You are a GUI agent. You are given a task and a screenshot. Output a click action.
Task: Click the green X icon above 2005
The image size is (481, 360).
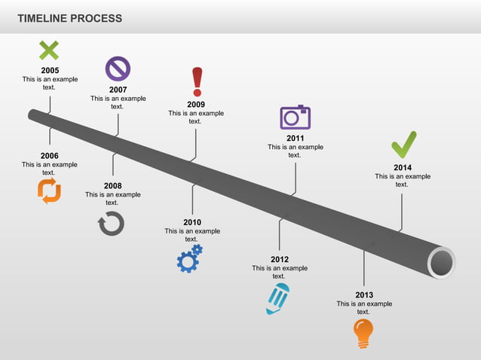pos(49,51)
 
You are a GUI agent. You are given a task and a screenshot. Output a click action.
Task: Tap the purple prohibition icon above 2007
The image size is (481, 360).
pos(118,69)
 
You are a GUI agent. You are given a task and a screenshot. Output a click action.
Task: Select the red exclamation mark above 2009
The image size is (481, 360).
pos(197,81)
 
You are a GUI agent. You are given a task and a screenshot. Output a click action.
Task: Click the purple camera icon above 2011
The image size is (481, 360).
pos(295,117)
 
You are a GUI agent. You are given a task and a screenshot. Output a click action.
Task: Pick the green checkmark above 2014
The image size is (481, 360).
pos(403,145)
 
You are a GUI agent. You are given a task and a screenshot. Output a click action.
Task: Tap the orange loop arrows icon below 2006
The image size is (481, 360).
pos(49,191)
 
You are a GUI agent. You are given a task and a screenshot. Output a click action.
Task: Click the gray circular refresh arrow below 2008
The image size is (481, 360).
pos(111,223)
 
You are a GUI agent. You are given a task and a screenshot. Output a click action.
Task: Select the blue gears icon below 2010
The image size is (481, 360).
pos(189,258)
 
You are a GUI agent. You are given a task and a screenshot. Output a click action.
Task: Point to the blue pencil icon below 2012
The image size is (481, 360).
pos(277,298)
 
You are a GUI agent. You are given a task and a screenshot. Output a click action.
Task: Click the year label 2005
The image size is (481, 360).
pos(50,71)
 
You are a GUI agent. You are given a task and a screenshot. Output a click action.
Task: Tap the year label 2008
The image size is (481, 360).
pos(112,186)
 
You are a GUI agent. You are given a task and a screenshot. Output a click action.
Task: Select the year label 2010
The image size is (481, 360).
pos(192,222)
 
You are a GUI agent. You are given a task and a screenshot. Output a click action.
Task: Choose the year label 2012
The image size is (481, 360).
pos(280,259)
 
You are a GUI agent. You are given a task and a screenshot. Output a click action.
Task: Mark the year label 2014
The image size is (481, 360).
pos(403,168)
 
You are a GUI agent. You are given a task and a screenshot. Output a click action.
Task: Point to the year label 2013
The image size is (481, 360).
pos(364,295)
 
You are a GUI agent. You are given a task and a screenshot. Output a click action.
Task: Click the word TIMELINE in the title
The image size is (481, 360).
pos(42,18)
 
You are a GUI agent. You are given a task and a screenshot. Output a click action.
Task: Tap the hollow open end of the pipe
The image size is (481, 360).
pos(442,263)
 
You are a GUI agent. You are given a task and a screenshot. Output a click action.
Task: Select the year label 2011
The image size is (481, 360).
pos(295,139)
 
